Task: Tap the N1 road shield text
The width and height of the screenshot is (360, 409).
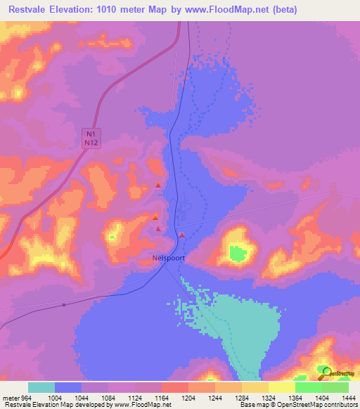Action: [x=89, y=134]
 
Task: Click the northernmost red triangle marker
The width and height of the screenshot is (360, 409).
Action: [x=158, y=186]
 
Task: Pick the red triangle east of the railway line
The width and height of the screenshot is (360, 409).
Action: [x=181, y=235]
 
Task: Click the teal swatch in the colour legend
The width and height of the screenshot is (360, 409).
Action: [x=41, y=387]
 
